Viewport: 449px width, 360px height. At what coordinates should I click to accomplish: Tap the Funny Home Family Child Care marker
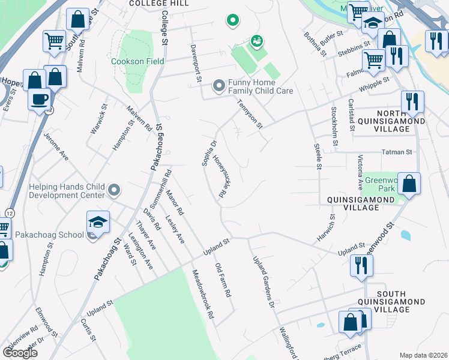(x=218, y=87)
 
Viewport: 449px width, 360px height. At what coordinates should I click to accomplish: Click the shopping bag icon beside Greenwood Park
(x=409, y=184)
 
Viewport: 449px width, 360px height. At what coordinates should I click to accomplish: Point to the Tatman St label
(x=397, y=152)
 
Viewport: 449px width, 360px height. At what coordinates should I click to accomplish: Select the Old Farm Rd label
(x=223, y=281)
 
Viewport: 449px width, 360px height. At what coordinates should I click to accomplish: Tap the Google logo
(x=20, y=353)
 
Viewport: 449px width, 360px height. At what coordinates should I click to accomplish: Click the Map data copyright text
(x=424, y=355)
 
